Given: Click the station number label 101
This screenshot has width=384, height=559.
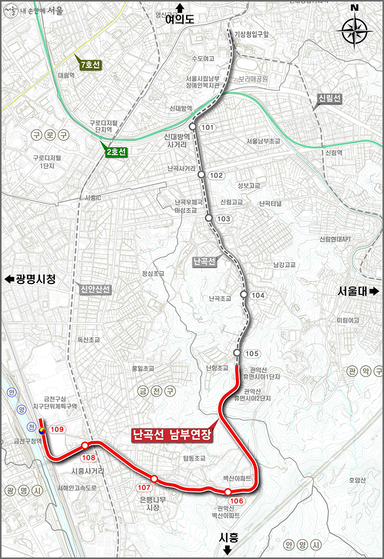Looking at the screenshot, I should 207,127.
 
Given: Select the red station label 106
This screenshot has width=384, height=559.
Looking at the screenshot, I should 238,501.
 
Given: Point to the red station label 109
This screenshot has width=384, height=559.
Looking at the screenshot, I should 58,430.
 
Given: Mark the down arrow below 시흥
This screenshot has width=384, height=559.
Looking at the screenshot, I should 227,550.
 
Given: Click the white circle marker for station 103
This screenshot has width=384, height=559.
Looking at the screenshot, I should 209,218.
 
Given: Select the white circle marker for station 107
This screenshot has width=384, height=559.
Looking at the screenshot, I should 154,479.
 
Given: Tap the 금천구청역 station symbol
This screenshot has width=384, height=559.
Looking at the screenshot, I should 42,431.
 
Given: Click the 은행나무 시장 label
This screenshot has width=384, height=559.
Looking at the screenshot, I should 150,504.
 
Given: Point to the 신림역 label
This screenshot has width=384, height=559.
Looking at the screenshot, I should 334,152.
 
